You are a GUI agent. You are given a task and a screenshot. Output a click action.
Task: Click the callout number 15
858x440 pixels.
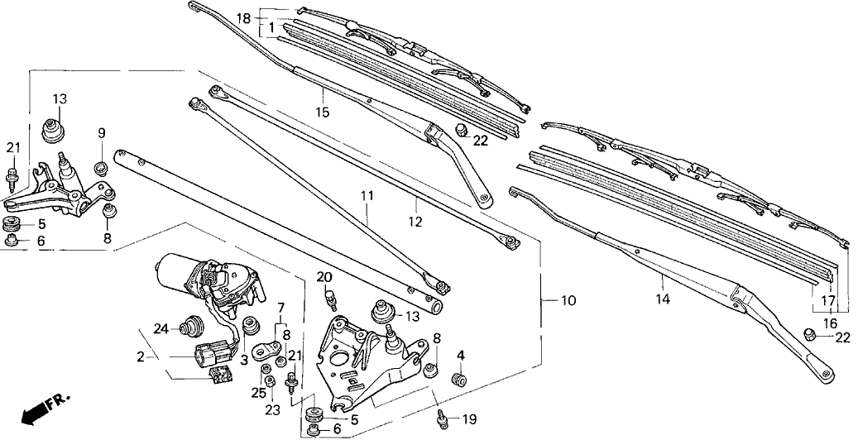tap(322, 112)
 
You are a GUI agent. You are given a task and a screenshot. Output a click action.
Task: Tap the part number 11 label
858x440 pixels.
tap(367, 196)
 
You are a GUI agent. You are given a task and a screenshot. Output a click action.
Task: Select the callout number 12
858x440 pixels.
tap(415, 222)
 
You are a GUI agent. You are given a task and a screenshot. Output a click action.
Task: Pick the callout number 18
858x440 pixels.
tap(242, 18)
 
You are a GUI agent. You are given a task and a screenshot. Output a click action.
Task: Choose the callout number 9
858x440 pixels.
tap(102, 132)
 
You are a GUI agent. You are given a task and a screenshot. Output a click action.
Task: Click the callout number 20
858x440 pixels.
tap(324, 276)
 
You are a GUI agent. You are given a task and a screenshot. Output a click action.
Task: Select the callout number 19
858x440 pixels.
tap(469, 418)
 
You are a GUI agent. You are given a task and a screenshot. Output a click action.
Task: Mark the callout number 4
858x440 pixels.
tap(461, 356)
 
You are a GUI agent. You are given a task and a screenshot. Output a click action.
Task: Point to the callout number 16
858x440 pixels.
tap(830, 323)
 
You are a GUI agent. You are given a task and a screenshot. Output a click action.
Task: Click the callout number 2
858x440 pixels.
tap(141, 357)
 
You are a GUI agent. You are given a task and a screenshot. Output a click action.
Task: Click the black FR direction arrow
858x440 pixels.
tap(37, 412)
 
